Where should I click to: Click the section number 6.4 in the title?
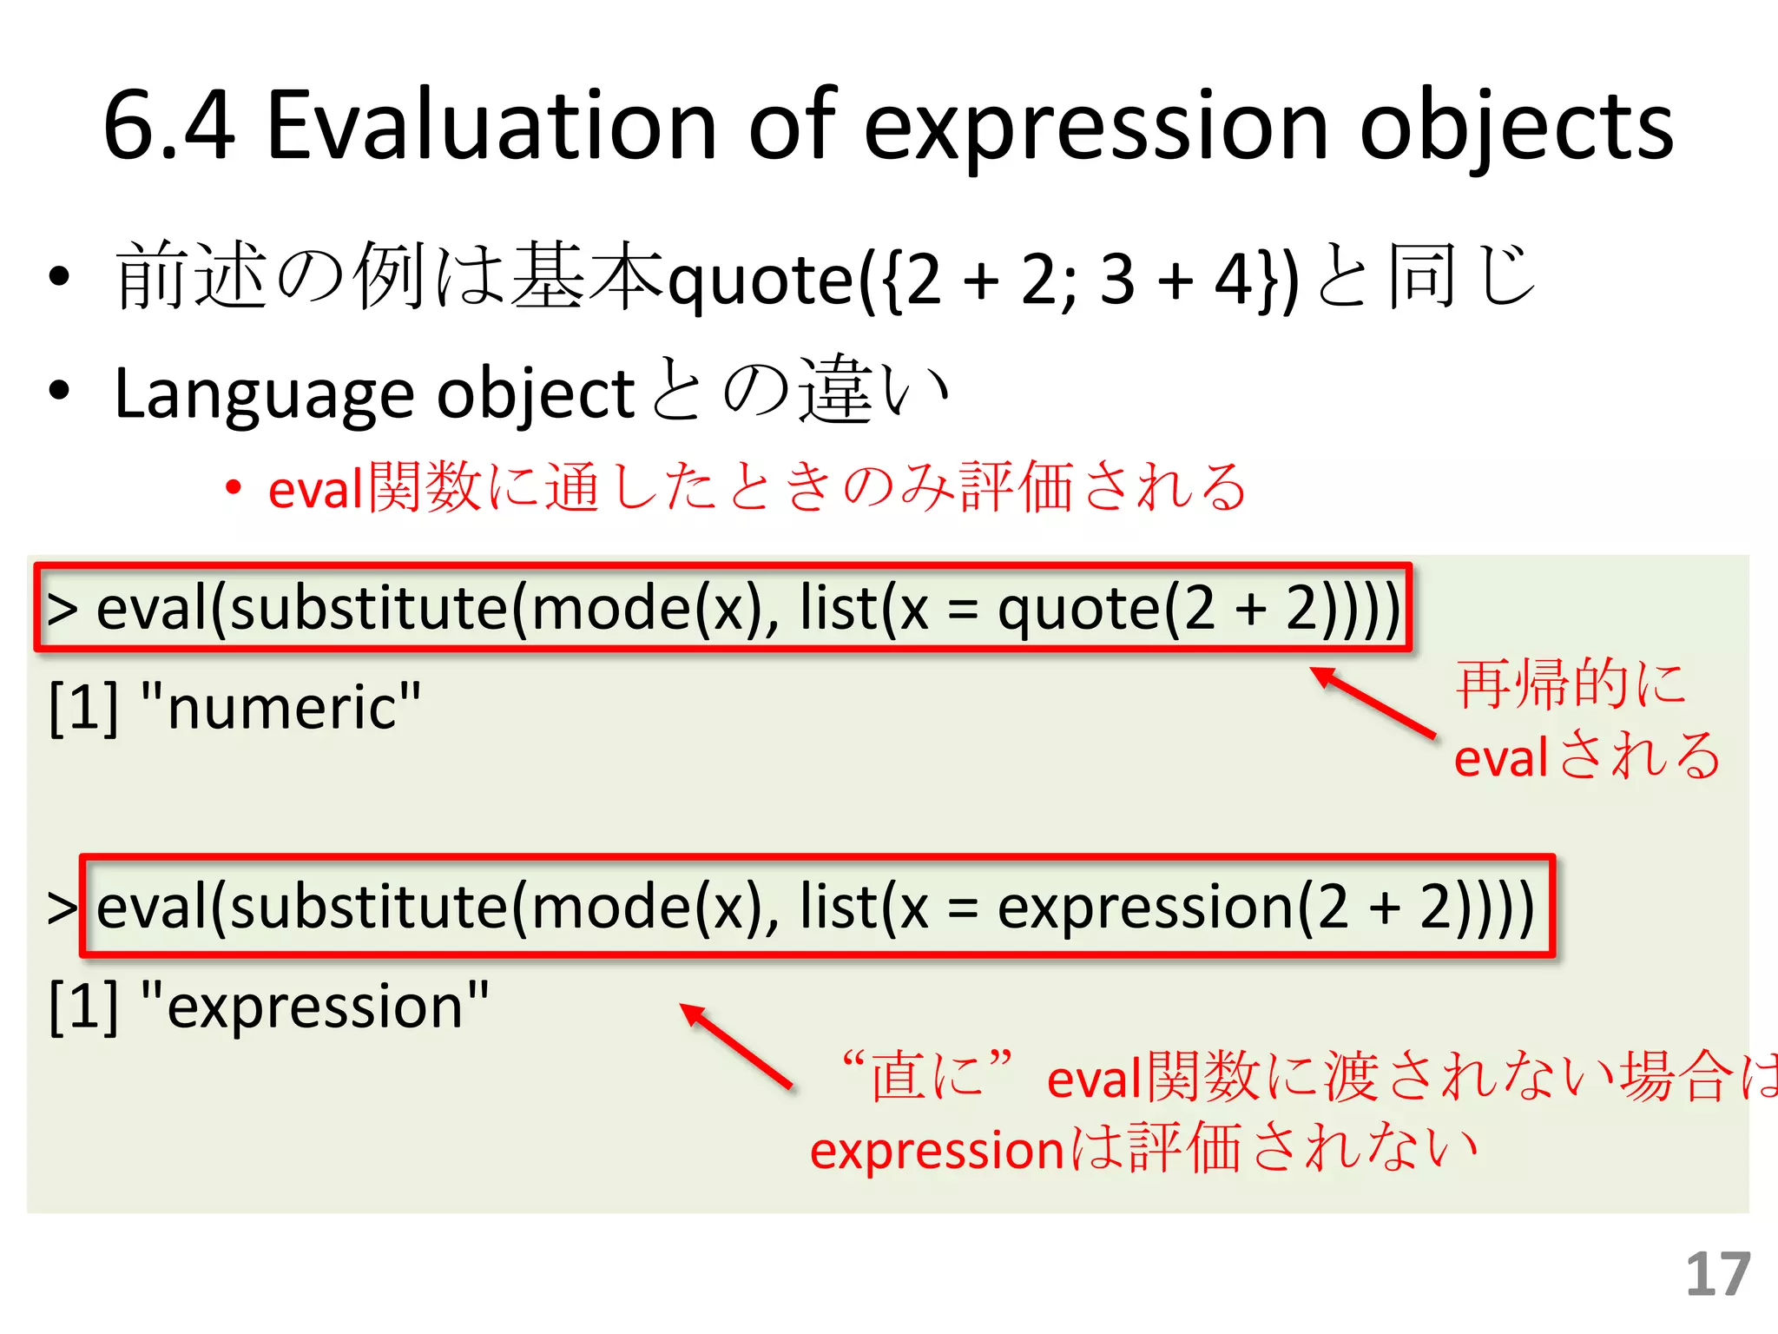169,126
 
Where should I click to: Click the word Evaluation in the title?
491,126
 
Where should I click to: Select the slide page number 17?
1717,1275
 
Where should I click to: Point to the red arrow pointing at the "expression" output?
735,1045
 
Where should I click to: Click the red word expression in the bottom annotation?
936,1151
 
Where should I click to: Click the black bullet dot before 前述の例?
59,277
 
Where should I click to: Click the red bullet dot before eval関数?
233,488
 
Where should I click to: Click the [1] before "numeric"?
83,706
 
